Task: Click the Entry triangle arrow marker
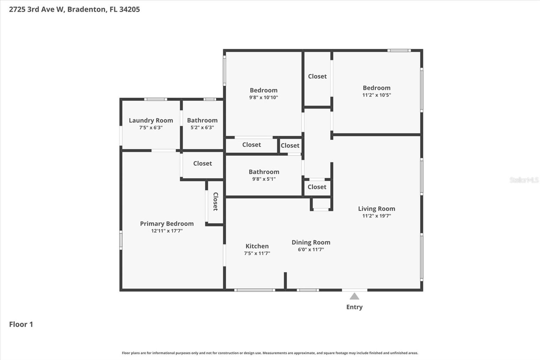354,297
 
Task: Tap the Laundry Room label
151,120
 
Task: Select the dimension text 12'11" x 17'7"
167,231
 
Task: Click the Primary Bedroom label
167,224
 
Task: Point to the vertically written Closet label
216,202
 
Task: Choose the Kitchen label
257,246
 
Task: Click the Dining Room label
311,242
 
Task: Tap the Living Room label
376,209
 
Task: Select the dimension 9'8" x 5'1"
264,179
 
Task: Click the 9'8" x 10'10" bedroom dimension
264,98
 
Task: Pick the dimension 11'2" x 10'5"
376,95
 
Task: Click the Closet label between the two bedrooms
317,76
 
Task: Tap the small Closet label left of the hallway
290,146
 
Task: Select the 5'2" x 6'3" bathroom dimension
202,128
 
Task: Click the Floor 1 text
21,324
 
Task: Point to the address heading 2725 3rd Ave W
74,9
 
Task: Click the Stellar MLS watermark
524,180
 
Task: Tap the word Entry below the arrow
354,307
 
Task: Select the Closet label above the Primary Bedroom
202,163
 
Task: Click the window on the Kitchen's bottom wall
254,290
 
